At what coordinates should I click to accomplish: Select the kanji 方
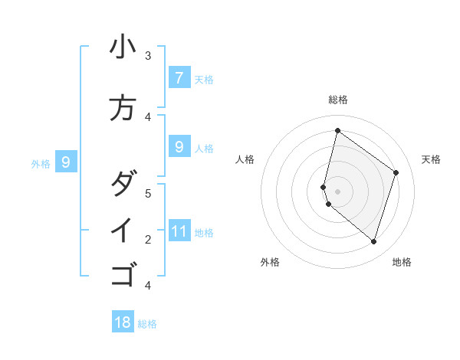(x=123, y=107)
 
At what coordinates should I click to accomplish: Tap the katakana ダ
(x=123, y=184)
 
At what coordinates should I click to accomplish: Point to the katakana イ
(x=123, y=230)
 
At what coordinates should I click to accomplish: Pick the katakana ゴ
(x=123, y=273)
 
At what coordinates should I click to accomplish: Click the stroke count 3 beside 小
(x=148, y=56)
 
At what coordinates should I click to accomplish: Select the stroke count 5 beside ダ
(x=148, y=193)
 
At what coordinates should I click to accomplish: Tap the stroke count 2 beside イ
(x=148, y=240)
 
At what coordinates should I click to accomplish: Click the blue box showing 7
(x=179, y=77)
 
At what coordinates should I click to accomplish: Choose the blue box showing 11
(x=179, y=231)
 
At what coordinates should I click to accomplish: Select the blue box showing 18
(x=123, y=322)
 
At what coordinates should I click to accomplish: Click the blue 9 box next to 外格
(x=66, y=162)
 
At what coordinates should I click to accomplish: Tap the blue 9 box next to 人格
(x=179, y=146)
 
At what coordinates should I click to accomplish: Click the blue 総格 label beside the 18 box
(x=147, y=323)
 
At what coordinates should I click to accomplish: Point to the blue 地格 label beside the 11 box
(x=204, y=232)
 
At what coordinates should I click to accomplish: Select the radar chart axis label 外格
(x=270, y=262)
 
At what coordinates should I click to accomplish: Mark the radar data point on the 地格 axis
(x=373, y=242)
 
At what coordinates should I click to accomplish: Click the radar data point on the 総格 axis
(x=337, y=130)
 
